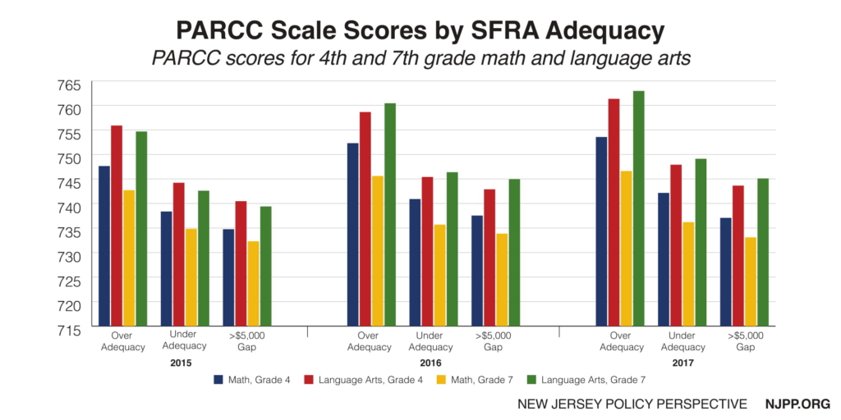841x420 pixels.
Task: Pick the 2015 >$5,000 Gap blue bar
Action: click(228, 278)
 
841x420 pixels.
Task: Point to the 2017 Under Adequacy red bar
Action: click(676, 246)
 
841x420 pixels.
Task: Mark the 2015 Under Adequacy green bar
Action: click(204, 259)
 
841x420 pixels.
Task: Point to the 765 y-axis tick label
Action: click(70, 85)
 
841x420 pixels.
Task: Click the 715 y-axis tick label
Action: click(70, 330)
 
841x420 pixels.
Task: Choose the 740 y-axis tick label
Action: click(70, 208)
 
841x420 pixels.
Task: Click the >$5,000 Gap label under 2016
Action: click(493, 340)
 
